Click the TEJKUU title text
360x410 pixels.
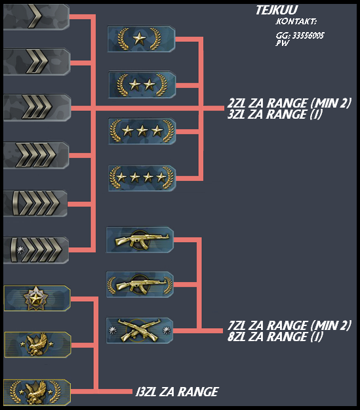coord(277,10)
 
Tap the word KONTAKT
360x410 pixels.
coord(296,21)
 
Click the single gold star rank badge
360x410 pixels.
coord(141,39)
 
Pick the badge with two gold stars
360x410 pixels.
coord(142,85)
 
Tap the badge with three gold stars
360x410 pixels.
coord(142,131)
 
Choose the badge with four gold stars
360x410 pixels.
coord(142,178)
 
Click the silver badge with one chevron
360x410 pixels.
coord(36,16)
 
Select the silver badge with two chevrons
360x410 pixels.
coord(37,62)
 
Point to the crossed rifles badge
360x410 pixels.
coord(140,331)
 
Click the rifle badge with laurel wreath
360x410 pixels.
coord(140,285)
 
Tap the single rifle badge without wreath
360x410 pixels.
coord(140,240)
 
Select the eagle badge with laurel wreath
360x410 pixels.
coord(37,392)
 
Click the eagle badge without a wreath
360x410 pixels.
coord(37,345)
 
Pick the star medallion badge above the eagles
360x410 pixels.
coord(37,298)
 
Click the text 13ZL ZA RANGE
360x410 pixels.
coord(177,392)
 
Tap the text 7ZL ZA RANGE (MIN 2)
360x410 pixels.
coord(289,325)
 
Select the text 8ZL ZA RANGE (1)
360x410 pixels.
coord(275,337)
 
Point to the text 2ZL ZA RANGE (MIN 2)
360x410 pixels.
coord(289,103)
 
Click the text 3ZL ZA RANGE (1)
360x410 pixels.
coord(275,115)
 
